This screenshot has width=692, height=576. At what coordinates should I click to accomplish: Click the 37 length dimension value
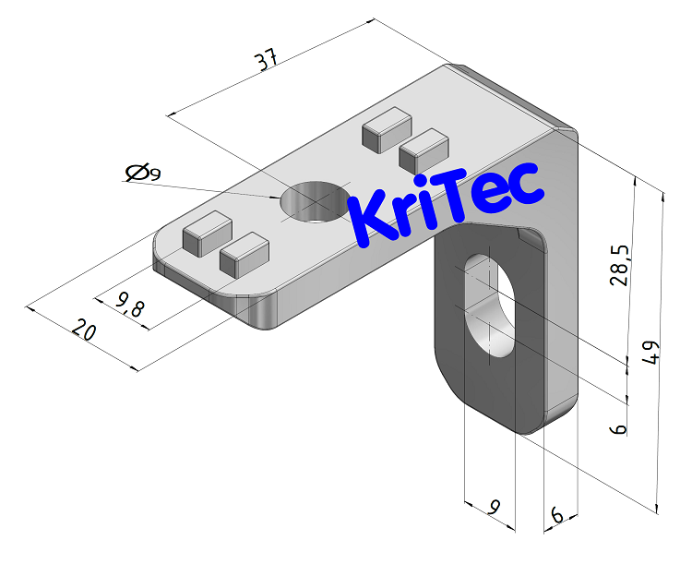tap(267, 62)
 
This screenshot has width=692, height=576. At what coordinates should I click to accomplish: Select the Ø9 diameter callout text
tap(143, 172)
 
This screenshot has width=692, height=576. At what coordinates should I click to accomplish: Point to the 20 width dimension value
tap(84, 330)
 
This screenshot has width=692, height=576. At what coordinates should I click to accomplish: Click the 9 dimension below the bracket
tap(495, 507)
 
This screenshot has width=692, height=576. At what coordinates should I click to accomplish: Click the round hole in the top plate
tap(314, 200)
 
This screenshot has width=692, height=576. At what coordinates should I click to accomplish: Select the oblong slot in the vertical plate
tap(489, 306)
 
